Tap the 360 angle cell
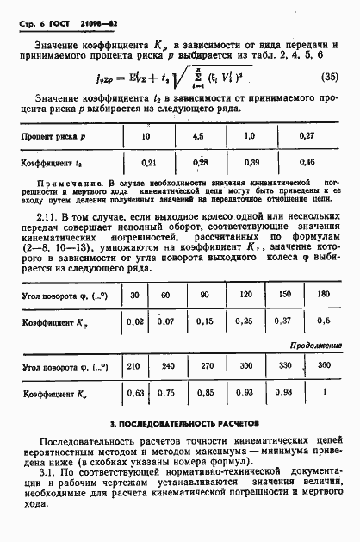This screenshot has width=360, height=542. point(323,366)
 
